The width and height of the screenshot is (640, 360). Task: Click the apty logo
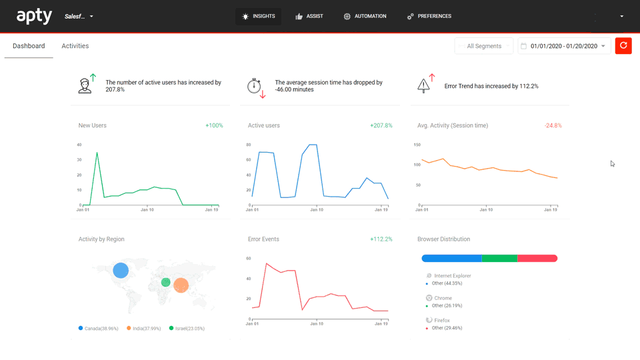click(34, 16)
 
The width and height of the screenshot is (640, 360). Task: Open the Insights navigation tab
click(259, 16)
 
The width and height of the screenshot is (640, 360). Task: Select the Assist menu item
click(309, 16)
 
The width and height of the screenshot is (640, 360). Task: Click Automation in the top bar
click(365, 16)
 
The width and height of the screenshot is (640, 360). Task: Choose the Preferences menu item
click(429, 16)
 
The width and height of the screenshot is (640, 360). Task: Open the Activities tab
click(75, 46)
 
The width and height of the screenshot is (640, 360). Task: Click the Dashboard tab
click(29, 46)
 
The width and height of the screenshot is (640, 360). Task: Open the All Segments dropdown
click(484, 46)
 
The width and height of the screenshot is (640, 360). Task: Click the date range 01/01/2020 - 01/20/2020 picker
click(564, 46)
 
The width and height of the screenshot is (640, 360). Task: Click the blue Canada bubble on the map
click(121, 270)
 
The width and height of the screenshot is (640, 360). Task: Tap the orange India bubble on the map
click(181, 285)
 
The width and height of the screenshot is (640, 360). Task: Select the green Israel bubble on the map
click(166, 282)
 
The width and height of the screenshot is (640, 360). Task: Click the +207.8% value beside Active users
click(381, 126)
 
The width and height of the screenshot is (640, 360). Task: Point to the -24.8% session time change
click(553, 126)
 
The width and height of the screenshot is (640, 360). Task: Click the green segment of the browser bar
click(499, 259)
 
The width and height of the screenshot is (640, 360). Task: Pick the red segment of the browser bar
click(537, 259)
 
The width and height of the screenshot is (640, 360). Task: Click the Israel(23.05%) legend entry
click(187, 328)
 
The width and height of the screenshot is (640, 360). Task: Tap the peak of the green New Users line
click(97, 153)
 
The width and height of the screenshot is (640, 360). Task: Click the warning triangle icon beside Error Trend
click(423, 85)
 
